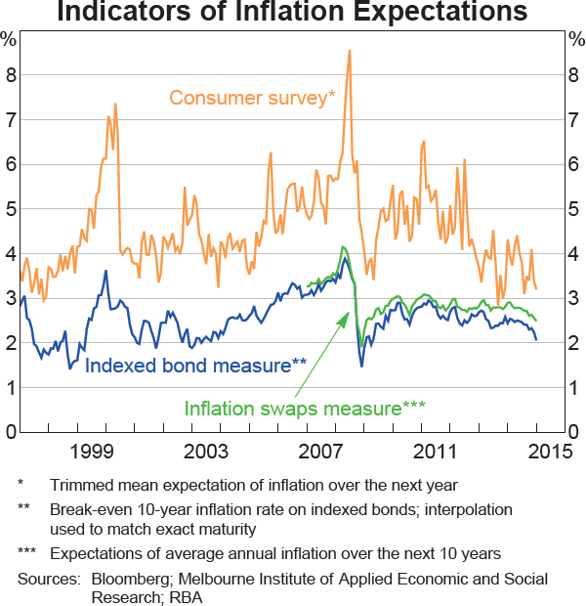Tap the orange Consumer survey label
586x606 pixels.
click(252, 97)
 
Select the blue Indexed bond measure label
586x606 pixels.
click(196, 367)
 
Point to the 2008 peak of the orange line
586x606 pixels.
click(349, 51)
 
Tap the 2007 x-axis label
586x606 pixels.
click(320, 451)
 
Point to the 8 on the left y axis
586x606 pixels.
click(9, 74)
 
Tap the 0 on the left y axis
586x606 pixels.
click(9, 432)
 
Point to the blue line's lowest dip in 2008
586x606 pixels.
click(361, 366)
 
